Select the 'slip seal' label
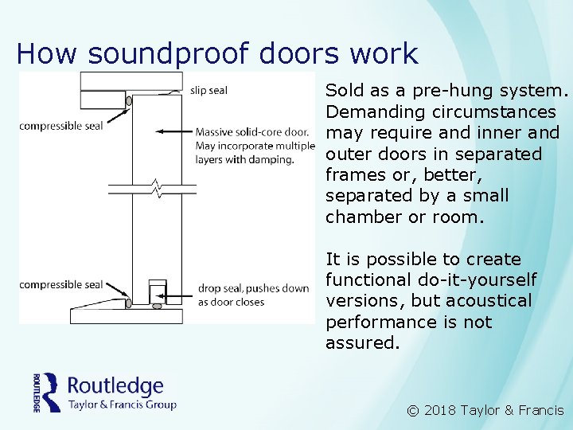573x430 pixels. (x=209, y=90)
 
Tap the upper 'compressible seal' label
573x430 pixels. (x=61, y=126)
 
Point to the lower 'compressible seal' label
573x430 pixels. (x=61, y=284)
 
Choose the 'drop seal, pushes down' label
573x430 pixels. (x=253, y=288)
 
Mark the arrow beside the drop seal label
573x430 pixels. (x=182, y=295)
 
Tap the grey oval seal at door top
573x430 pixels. (x=129, y=101)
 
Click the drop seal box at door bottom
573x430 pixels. (x=157, y=291)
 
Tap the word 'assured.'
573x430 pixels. (x=361, y=343)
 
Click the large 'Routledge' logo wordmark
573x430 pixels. (x=115, y=386)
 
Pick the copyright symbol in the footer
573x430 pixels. (x=412, y=411)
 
